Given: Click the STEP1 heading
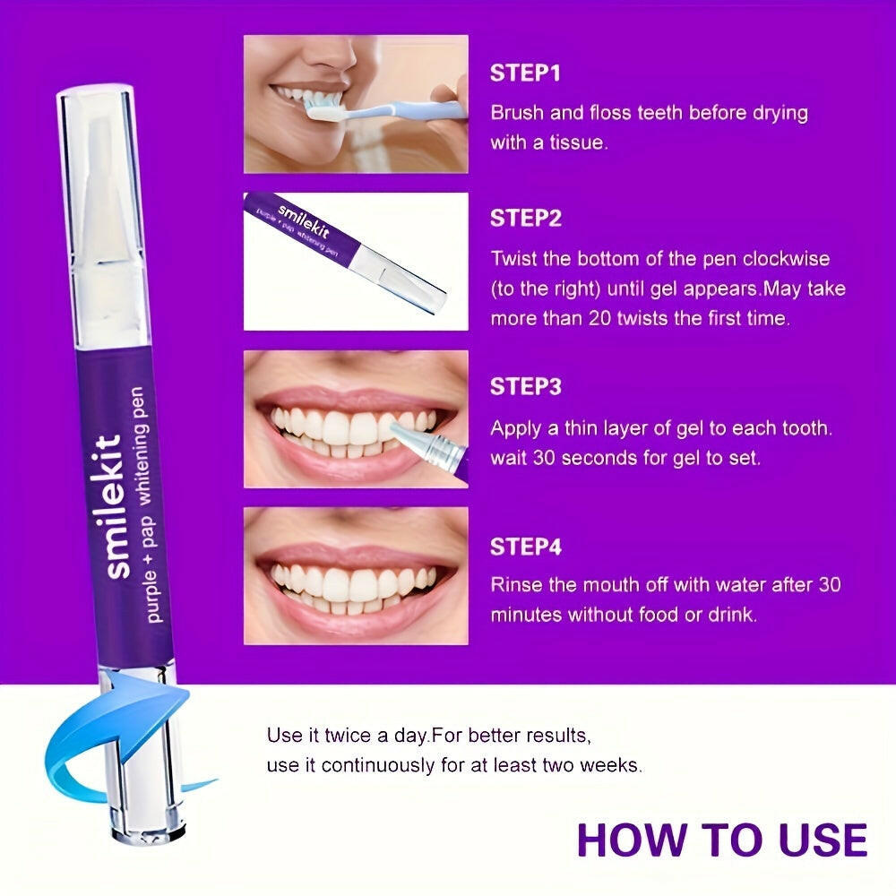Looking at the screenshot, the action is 524,73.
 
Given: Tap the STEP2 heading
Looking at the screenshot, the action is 526,219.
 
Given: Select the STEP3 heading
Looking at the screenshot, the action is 526,387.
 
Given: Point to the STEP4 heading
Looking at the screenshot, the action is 526,547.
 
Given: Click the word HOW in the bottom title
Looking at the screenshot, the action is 632,840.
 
